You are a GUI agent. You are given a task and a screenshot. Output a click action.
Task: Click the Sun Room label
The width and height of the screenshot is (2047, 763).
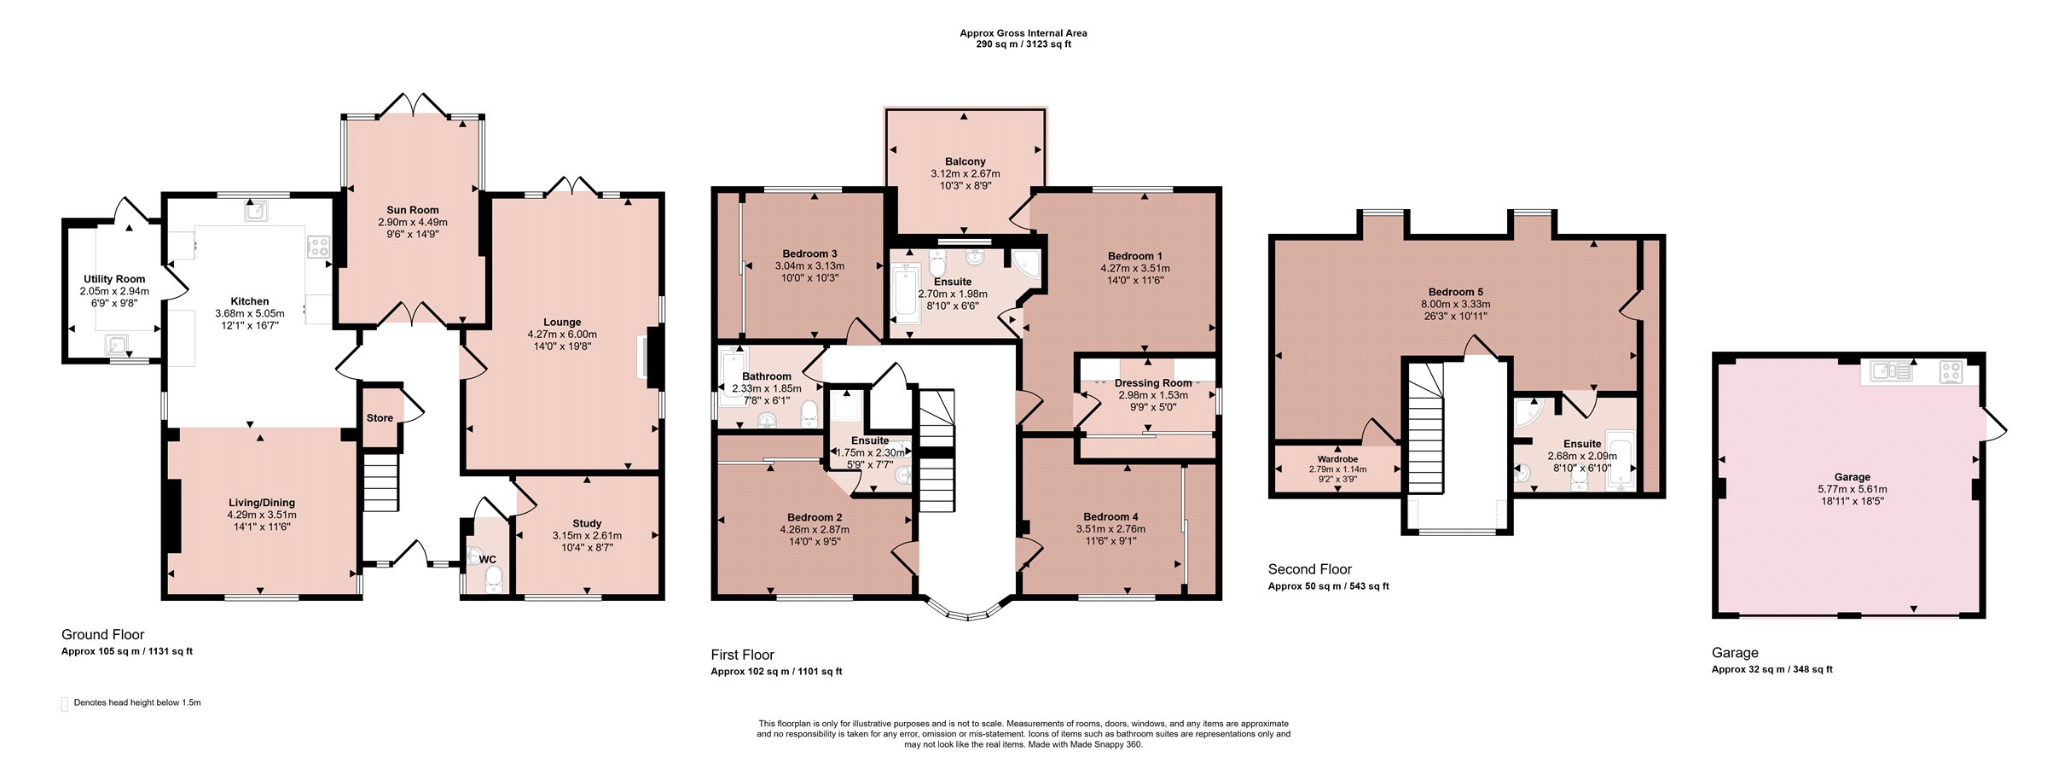point(413,210)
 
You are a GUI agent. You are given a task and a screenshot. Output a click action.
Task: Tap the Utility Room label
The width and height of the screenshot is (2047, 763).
point(114,279)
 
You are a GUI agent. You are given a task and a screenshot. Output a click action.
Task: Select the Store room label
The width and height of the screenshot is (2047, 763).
point(380,418)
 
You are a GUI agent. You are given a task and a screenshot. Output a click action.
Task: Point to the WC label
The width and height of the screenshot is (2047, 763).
point(488,560)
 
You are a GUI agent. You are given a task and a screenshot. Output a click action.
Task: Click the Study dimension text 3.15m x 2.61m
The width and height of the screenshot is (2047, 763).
point(587,536)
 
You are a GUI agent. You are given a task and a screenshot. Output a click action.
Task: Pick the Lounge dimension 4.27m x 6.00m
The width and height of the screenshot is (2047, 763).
point(562,335)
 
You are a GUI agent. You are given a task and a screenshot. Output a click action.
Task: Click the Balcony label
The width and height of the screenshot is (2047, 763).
point(966,161)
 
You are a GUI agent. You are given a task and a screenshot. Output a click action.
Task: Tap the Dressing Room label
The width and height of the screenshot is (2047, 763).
point(1153,383)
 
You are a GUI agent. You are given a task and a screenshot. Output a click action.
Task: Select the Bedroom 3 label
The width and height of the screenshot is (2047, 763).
point(809,253)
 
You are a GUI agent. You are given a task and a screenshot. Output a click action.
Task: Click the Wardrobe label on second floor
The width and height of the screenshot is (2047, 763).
point(1337,459)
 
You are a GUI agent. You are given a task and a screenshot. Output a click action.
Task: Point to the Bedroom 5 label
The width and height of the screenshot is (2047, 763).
point(1456,292)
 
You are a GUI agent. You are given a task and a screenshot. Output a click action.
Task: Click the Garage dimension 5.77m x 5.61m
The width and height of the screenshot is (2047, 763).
point(1853,490)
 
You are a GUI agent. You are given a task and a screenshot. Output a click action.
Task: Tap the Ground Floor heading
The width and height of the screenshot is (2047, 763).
point(102,635)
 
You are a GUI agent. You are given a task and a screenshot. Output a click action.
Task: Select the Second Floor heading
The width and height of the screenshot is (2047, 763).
point(1310,569)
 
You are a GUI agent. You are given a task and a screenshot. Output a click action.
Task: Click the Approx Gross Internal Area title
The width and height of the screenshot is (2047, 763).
point(1023,33)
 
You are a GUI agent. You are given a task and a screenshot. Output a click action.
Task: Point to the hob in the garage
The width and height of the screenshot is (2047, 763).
point(1951,372)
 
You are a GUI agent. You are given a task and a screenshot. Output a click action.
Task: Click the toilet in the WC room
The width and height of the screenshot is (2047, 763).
point(494,580)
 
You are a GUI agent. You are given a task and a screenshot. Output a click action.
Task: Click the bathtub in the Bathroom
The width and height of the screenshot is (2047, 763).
point(731,380)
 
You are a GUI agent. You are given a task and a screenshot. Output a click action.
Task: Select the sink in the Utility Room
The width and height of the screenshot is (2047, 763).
point(116,346)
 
